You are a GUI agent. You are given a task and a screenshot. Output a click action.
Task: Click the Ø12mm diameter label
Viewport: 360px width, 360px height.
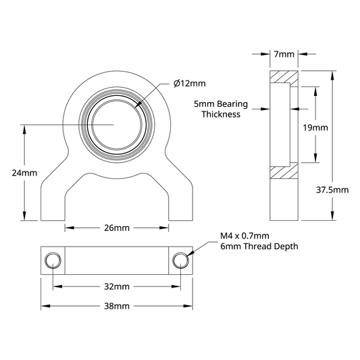pyautogui.click(x=189, y=83)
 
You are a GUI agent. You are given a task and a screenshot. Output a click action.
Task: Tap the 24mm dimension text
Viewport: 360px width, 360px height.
pyautogui.click(x=24, y=173)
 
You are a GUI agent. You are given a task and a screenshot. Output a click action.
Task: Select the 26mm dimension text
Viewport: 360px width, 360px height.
pyautogui.click(x=117, y=228)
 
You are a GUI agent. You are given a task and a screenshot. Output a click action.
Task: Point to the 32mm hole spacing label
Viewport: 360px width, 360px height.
pyautogui.click(x=117, y=286)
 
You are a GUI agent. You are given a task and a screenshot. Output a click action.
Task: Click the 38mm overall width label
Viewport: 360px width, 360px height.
pyautogui.click(x=117, y=306)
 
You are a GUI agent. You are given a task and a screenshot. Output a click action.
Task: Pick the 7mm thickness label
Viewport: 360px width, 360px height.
pyautogui.click(x=284, y=54)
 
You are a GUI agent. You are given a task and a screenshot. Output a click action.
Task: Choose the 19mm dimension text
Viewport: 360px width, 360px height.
pyautogui.click(x=315, y=128)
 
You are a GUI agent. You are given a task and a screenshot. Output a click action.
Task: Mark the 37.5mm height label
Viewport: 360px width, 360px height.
pyautogui.click(x=332, y=190)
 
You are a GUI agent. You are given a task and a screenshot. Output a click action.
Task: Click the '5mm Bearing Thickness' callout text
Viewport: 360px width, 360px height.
pyautogui.click(x=221, y=109)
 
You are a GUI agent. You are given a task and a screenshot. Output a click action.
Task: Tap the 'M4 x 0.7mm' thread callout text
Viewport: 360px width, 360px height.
pyautogui.click(x=245, y=236)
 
